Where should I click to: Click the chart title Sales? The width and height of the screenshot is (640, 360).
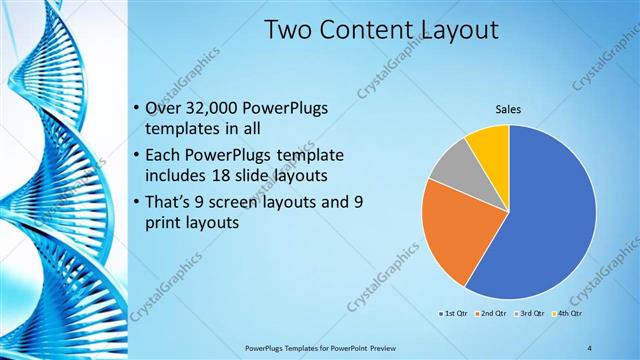pyautogui.click(x=509, y=110)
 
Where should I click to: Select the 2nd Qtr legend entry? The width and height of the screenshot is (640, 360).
pyautogui.click(x=493, y=313)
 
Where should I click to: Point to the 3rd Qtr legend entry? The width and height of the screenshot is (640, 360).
pyautogui.click(x=531, y=313)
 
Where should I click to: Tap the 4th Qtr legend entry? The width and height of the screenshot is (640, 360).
pyautogui.click(x=570, y=313)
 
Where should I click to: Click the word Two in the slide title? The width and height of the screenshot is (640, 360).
pyautogui.click(x=289, y=32)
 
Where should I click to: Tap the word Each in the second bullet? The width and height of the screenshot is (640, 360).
pyautogui.click(x=165, y=156)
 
